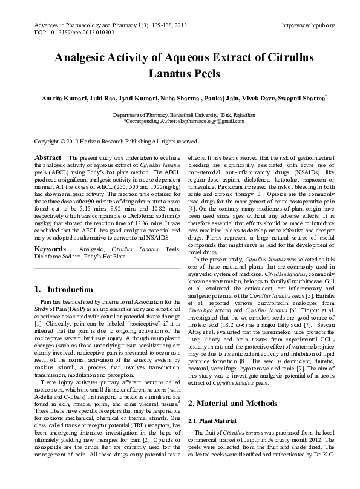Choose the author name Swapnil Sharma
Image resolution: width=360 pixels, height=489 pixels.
[304, 97]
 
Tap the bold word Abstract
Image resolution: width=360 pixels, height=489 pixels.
[48, 157]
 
